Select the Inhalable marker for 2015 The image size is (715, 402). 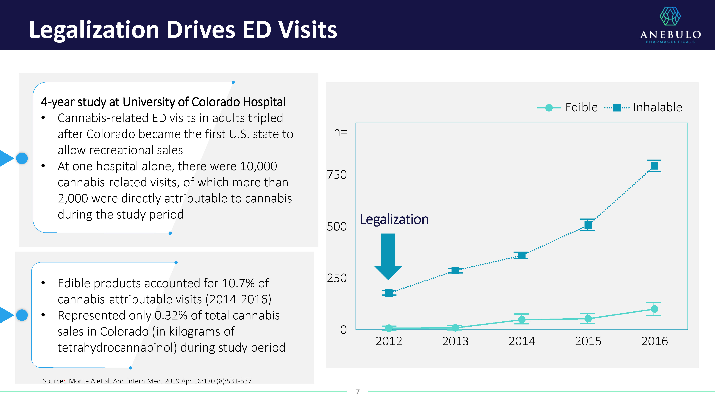pyautogui.click(x=588, y=225)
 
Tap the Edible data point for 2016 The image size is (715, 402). pyautogui.click(x=654, y=309)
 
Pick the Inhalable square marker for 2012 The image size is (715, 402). pyautogui.click(x=389, y=293)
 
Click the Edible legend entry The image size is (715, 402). pyautogui.click(x=567, y=107)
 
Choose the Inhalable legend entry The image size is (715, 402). pyautogui.click(x=644, y=107)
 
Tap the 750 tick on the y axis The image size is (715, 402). pyautogui.click(x=337, y=175)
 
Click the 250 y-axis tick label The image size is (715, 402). pyautogui.click(x=337, y=278)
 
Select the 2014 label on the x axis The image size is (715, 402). pyautogui.click(x=522, y=341)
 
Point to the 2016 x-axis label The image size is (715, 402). pyautogui.click(x=654, y=341)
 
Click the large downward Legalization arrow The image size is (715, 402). pyautogui.click(x=388, y=255)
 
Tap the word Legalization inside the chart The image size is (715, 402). pyautogui.click(x=394, y=219)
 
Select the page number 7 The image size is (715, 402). pyautogui.click(x=357, y=392)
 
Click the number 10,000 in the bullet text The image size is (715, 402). pyautogui.click(x=258, y=166)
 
